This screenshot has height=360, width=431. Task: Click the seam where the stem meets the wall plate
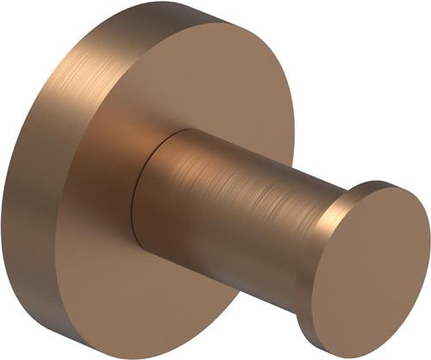click(x=138, y=198)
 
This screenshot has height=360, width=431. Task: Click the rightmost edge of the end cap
click(x=428, y=258)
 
